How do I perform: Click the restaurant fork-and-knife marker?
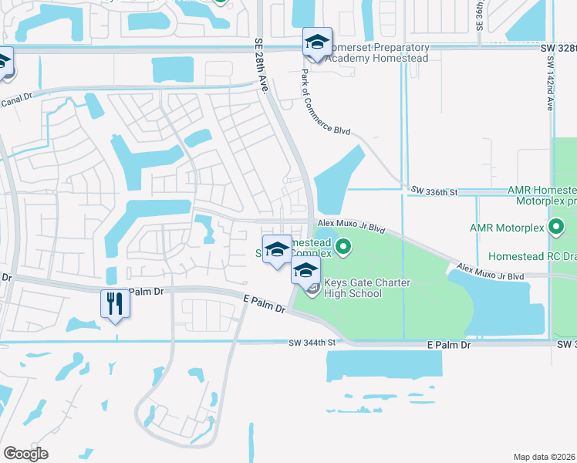[115, 303]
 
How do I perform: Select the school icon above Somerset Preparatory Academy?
[316, 42]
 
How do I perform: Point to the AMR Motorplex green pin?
[556, 228]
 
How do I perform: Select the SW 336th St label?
[434, 190]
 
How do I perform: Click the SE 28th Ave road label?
[261, 66]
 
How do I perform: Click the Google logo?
[25, 453]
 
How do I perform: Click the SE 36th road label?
[479, 15]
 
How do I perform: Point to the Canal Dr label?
[17, 100]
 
